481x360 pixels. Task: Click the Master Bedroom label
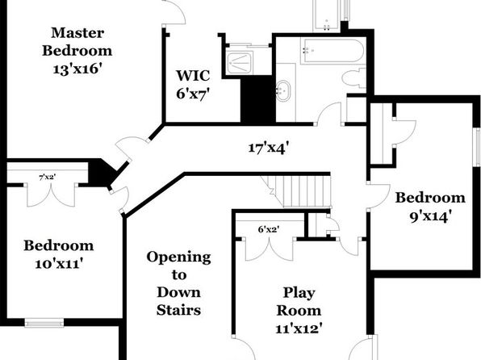tap(77, 42)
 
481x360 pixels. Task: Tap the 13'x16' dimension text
tap(77, 69)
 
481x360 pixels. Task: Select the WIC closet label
tap(193, 76)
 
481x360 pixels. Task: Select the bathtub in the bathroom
tap(333, 51)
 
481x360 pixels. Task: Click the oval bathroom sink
tap(282, 91)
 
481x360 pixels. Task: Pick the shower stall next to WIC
tap(240, 63)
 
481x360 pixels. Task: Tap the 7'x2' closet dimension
tap(48, 177)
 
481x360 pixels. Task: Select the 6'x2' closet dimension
tap(269, 229)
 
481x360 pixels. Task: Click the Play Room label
tap(299, 301)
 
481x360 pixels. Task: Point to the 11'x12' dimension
tap(299, 329)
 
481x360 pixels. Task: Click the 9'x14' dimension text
tap(430, 216)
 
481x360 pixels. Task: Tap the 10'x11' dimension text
tap(59, 264)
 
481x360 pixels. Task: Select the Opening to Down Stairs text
tap(179, 283)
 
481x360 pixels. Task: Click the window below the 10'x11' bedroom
tap(44, 323)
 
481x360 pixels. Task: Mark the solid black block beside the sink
tap(258, 100)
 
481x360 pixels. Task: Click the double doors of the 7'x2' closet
tap(51, 195)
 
